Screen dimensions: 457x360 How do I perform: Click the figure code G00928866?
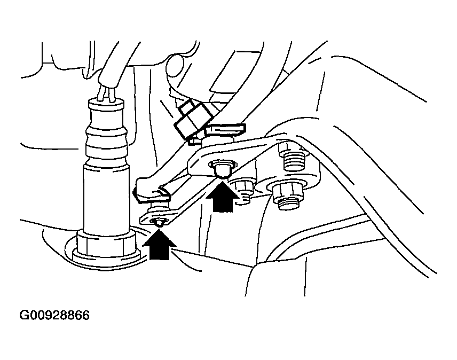point(54,316)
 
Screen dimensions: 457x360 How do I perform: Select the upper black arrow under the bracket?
point(223,197)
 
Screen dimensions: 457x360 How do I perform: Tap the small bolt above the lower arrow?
point(159,222)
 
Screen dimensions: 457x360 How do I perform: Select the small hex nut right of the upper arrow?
point(242,186)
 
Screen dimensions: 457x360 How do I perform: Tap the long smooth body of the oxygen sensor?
point(106,198)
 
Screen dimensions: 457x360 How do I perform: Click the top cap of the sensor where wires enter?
point(106,104)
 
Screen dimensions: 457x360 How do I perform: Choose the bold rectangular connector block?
point(192,119)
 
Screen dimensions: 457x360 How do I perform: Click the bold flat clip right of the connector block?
point(225,130)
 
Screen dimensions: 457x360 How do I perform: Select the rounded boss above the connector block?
point(175,68)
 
